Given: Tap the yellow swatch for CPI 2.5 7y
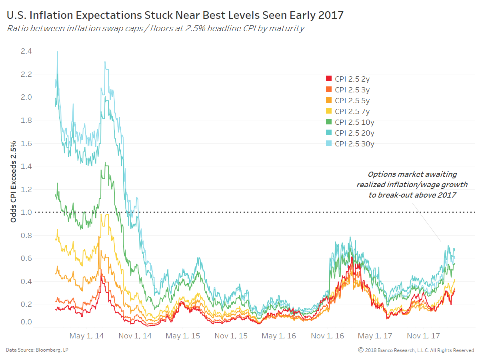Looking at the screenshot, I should coord(329,111).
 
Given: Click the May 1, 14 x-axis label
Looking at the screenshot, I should coord(86,336).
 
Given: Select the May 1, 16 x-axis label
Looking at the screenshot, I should coord(279,336).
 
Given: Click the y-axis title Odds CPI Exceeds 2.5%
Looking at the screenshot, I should coord(13,182).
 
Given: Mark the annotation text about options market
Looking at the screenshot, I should coord(412,184).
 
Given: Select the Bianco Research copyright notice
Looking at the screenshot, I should coord(416,350).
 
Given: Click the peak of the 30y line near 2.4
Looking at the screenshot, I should coord(58,52).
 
